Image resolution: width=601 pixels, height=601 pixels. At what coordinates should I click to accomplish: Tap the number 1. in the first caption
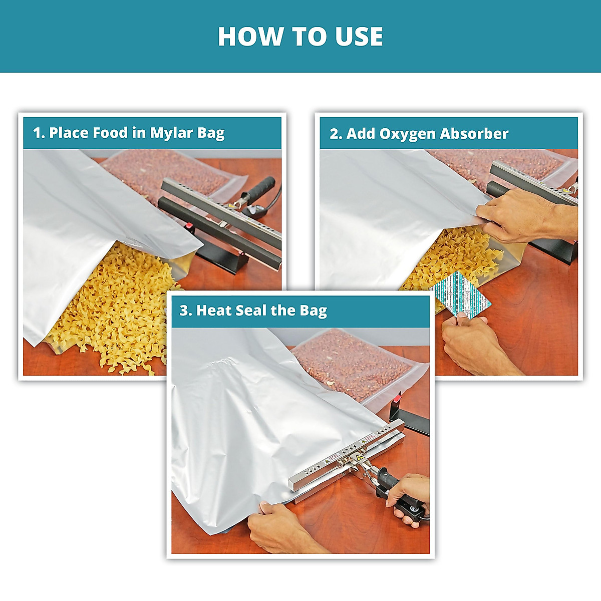click(39, 133)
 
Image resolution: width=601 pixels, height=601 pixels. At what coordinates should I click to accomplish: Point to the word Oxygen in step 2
click(407, 134)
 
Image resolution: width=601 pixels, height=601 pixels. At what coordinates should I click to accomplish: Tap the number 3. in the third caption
click(186, 311)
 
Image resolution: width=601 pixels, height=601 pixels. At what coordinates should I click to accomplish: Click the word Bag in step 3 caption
click(313, 311)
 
